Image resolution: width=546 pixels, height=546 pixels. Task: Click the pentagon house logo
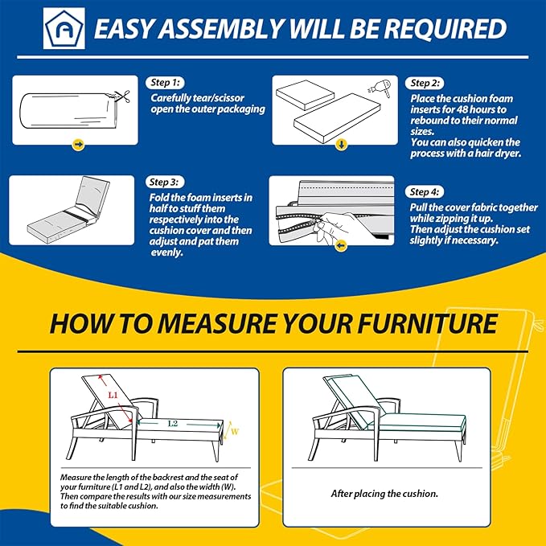click(x=64, y=28)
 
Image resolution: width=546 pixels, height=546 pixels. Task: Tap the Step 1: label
click(x=165, y=83)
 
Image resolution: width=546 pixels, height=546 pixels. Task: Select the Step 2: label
click(x=425, y=83)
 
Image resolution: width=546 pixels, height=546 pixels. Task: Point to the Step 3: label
click(x=165, y=182)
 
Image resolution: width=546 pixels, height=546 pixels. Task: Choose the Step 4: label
click(x=425, y=192)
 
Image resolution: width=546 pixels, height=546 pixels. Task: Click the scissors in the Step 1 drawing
click(x=122, y=96)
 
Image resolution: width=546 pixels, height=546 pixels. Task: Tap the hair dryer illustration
click(x=380, y=88)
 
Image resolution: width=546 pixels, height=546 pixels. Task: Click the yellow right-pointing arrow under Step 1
click(x=78, y=144)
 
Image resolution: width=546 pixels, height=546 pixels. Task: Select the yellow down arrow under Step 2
click(x=341, y=144)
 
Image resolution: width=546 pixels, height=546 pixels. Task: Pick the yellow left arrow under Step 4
click(x=341, y=245)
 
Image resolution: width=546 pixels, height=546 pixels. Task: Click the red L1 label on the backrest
click(x=113, y=395)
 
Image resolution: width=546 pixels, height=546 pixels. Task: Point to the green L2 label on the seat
click(x=173, y=424)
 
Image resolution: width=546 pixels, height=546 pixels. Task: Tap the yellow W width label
click(x=235, y=432)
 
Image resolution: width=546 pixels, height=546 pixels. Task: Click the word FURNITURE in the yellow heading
click(x=427, y=323)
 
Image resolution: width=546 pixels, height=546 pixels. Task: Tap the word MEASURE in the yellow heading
click(x=216, y=323)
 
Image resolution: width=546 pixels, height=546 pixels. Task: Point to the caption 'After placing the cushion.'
click(x=384, y=494)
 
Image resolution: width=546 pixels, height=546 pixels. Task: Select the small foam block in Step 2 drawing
click(x=305, y=94)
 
